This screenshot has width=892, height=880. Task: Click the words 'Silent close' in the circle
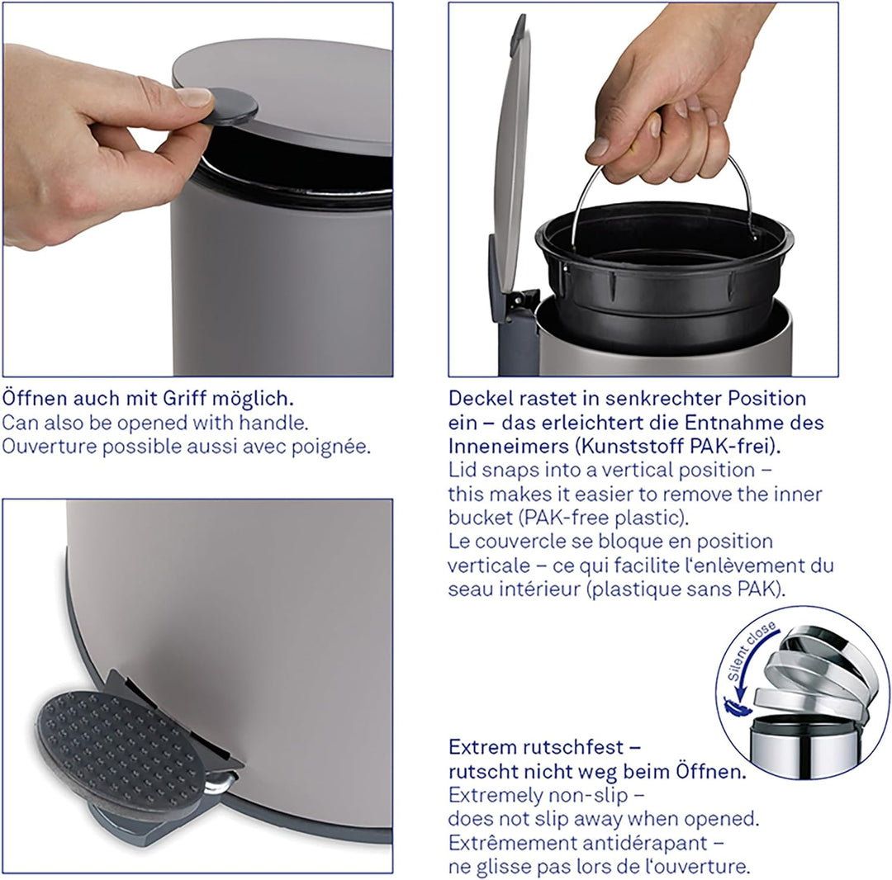click(752, 652)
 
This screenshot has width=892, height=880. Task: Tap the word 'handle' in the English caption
click(276, 423)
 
